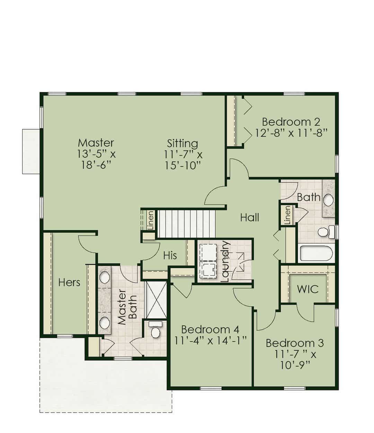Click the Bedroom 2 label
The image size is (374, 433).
[x=291, y=122]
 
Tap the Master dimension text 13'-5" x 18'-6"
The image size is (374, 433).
[x=96, y=160]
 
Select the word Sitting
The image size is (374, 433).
[x=182, y=144]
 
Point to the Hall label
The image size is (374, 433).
[x=249, y=218]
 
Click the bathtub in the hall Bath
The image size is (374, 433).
[x=316, y=253]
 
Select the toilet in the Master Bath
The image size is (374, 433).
[x=155, y=330]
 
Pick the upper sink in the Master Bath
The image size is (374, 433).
[x=104, y=278]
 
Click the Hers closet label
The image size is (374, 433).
[x=69, y=282]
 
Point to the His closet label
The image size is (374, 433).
[x=170, y=256]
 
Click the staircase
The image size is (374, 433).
[x=186, y=224]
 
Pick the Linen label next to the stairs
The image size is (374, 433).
[x=151, y=220]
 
